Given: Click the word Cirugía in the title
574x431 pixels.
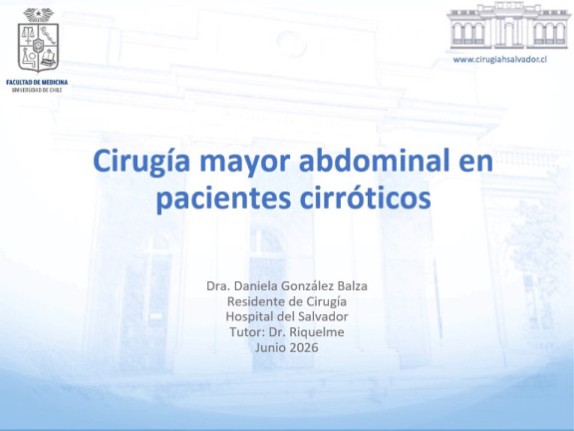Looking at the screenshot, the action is coord(141,162).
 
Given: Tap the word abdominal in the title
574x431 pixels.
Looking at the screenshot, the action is coord(374,161).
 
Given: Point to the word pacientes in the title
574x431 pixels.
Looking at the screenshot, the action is coord(223,199).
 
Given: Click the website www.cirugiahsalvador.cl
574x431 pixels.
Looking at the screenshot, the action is coord(500,60).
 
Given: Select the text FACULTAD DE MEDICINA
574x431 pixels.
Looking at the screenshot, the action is coord(37,83).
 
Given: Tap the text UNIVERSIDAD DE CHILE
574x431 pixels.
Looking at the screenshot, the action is coord(37,90).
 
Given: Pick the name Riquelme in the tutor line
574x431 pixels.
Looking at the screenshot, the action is coord(317,332).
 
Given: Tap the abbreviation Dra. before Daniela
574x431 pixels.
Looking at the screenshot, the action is coord(218,286).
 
